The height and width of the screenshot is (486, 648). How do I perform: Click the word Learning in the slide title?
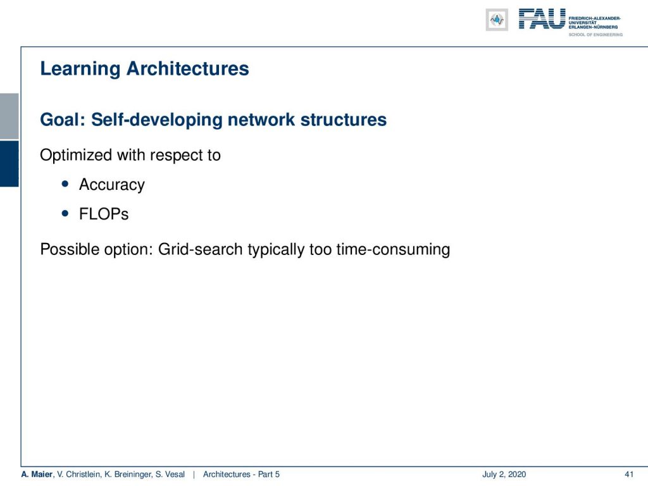click(80, 69)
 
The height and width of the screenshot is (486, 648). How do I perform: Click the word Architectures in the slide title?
click(187, 68)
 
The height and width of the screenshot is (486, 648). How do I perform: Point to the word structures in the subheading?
click(344, 120)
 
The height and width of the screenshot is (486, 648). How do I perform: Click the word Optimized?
click(76, 156)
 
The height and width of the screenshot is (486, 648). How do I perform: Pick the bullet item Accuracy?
click(112, 185)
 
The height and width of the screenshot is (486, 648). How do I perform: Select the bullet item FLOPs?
click(104, 214)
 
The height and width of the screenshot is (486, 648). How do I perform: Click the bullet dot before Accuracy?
click(65, 184)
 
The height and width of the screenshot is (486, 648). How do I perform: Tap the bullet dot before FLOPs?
click(65, 214)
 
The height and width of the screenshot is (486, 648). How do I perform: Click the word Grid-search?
click(201, 249)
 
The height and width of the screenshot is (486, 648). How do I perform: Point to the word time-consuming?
click(393, 249)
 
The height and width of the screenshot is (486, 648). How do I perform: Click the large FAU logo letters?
click(542, 19)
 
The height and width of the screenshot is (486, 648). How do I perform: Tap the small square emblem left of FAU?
click(497, 20)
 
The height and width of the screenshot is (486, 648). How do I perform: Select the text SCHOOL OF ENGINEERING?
click(595, 35)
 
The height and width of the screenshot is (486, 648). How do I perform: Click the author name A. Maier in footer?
click(37, 475)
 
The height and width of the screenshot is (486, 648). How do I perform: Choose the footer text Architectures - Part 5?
click(241, 475)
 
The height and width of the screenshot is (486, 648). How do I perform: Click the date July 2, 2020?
click(504, 475)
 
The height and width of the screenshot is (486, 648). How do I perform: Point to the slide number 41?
click(629, 475)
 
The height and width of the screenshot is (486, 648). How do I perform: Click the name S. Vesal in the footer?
click(170, 475)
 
